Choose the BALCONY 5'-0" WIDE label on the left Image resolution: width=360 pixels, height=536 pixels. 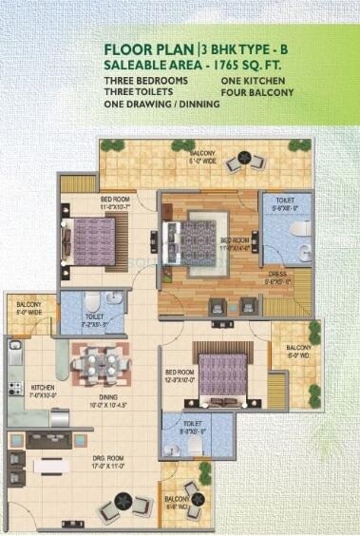(28, 307)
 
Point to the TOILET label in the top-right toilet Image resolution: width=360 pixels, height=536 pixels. (283, 201)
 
